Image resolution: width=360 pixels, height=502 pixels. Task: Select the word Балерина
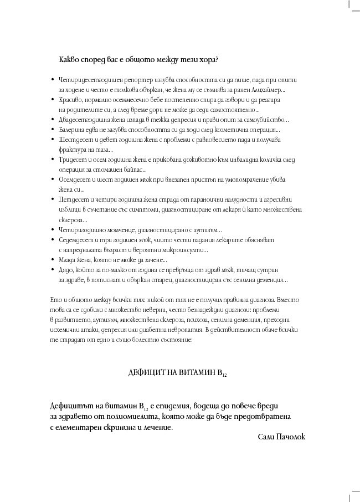(x=71, y=129)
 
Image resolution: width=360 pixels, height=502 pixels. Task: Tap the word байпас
(x=133, y=169)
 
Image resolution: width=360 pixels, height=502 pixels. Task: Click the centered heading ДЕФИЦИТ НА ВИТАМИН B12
(x=177, y=374)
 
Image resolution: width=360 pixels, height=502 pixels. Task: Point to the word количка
(x=253, y=160)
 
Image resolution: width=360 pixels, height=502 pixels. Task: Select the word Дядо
(x=66, y=269)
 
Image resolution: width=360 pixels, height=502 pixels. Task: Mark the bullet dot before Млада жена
(x=52, y=259)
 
